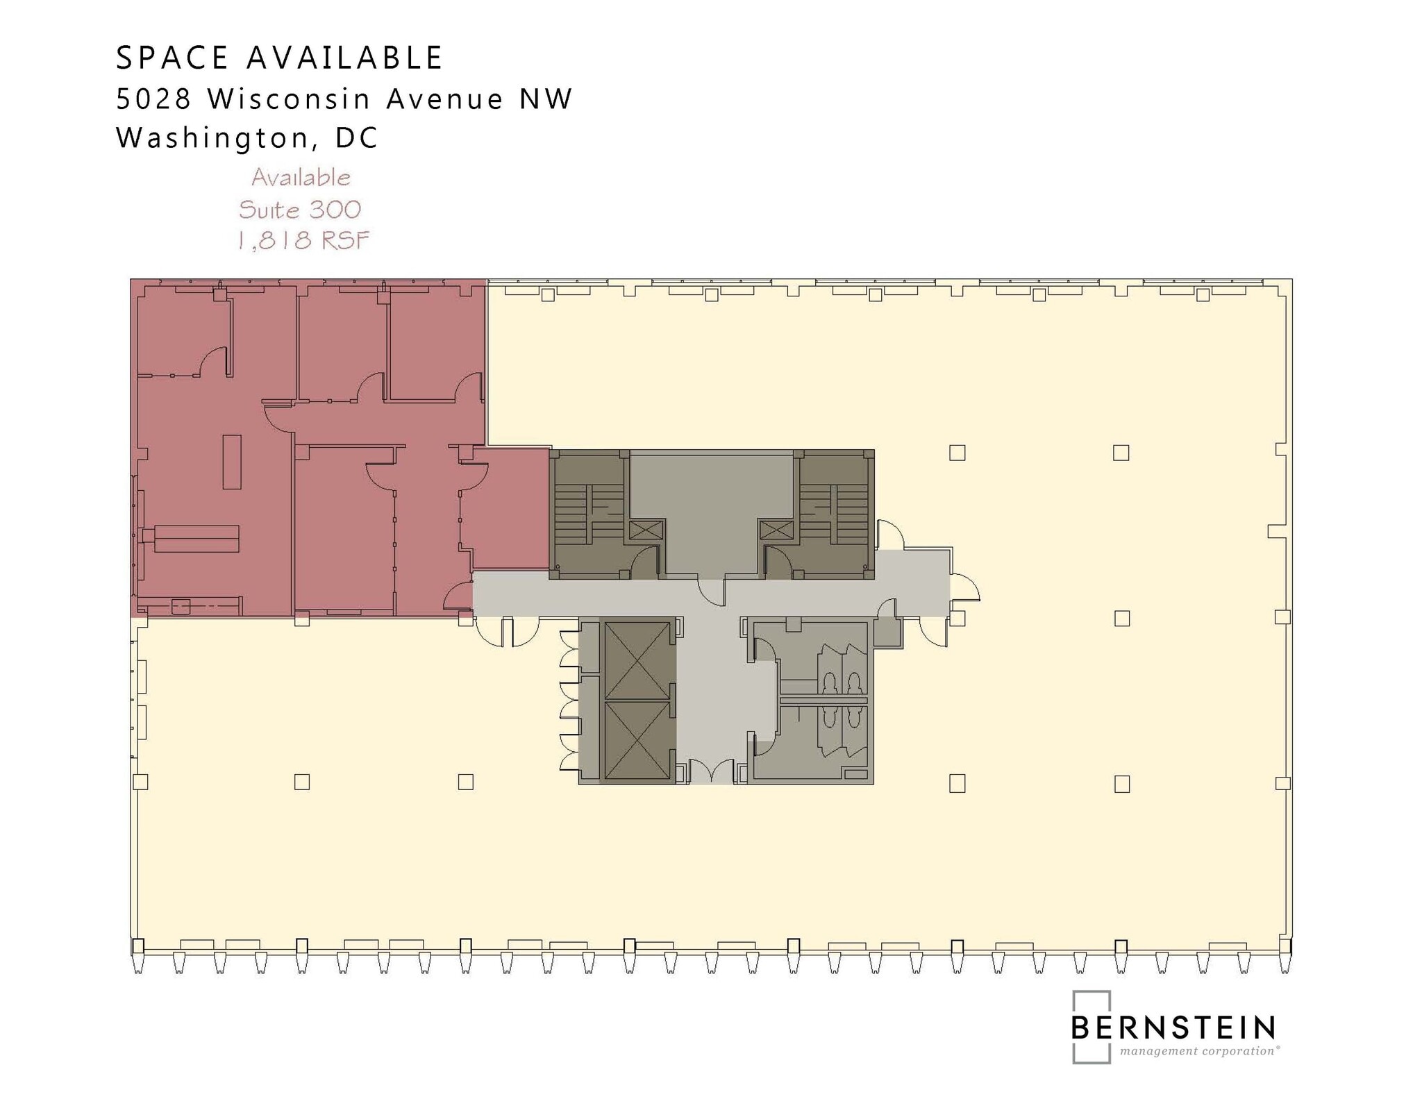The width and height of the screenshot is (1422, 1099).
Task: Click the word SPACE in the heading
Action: coord(172,58)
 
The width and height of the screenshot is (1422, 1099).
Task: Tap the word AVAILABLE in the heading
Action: coord(344,58)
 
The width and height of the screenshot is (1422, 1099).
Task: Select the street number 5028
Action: coord(153,99)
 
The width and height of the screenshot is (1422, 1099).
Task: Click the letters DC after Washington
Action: coord(357,138)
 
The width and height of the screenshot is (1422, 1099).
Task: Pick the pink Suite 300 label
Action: coord(300,210)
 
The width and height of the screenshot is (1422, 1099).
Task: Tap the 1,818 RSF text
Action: coord(303,241)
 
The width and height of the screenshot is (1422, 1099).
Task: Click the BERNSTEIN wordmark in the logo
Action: coord(1173,1027)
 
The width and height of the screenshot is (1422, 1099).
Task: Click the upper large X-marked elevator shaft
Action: coord(637,660)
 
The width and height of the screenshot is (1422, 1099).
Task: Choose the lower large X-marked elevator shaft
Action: coord(637,740)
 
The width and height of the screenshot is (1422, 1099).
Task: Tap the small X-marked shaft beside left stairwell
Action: coord(646,530)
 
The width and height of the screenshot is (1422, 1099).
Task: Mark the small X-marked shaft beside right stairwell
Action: coord(776,530)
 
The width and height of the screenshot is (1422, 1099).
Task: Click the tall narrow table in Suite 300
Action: coord(232,462)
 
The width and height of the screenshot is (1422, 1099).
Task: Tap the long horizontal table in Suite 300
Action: coord(196,539)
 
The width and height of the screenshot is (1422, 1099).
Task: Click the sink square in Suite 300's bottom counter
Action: coord(181,607)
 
